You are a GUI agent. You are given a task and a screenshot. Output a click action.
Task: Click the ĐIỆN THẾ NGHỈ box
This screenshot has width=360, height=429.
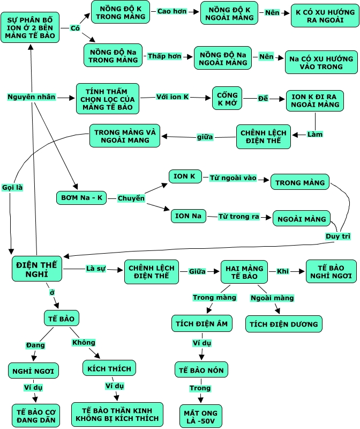pos(37,269)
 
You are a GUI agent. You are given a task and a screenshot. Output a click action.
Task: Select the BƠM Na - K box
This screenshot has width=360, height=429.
pos(80,198)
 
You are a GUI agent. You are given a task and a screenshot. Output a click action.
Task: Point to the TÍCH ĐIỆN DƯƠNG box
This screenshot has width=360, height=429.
pos(283,324)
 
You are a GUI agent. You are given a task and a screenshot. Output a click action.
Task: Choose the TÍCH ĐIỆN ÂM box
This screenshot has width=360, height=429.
pos(201,324)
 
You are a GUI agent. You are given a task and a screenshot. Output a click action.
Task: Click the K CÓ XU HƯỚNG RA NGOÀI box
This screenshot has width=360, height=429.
pos(324,16)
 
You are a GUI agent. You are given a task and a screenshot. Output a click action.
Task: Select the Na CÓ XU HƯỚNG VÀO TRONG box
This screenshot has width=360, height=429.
pos(321,62)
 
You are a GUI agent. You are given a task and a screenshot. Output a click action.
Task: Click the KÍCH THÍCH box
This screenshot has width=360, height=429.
pos(109,368)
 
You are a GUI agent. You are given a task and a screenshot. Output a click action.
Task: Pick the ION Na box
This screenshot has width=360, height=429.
pos(189,216)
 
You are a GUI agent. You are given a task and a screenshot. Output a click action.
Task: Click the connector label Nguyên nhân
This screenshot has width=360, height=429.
pos(31,97)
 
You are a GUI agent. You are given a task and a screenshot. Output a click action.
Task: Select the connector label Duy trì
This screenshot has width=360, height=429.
pos(338,236)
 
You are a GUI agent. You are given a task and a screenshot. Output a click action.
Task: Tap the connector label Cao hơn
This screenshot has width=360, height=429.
pos(172,11)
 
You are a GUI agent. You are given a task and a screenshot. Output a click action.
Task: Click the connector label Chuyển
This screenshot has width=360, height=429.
pos(131,198)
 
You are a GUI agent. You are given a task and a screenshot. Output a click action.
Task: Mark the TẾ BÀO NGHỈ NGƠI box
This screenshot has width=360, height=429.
pos(331,271)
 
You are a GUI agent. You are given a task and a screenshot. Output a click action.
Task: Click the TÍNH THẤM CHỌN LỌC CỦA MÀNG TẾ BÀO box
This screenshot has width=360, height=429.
pos(108,98)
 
